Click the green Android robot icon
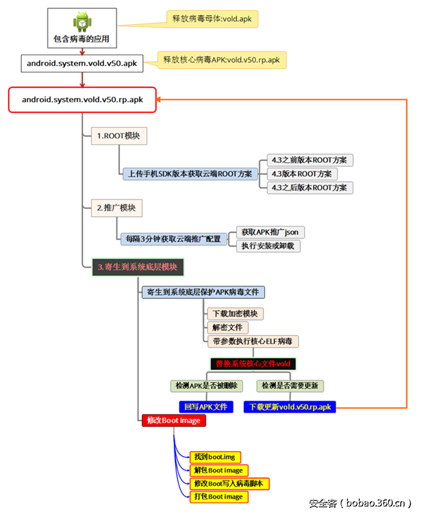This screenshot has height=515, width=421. point(82,22)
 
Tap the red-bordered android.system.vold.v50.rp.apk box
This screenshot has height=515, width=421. point(82,100)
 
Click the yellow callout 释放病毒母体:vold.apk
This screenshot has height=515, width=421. point(212,18)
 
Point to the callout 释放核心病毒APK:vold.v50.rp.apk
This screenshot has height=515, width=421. point(221,60)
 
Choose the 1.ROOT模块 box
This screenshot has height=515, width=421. point(119,136)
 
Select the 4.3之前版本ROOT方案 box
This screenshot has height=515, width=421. point(309,160)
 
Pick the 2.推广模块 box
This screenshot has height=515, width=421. point(116,208)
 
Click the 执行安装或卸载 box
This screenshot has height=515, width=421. point(268,246)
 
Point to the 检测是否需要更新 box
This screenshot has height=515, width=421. point(292,386)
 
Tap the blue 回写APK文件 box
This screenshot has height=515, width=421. point(206,407)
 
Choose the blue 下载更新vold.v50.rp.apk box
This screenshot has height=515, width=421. point(289,407)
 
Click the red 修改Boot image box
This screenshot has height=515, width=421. point(174,420)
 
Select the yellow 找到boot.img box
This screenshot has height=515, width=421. point(215,457)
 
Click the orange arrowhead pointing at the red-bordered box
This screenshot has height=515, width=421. point(161,100)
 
